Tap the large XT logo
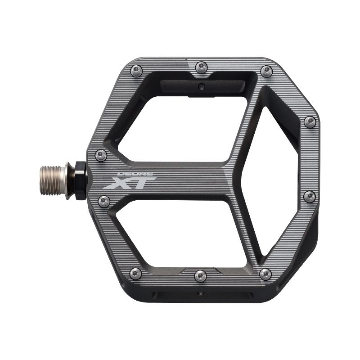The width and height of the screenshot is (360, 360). click(130, 183)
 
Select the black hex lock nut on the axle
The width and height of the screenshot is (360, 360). click(81, 180)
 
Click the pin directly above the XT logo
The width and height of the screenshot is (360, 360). click(101, 155)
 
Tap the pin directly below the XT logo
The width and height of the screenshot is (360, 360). click(104, 202)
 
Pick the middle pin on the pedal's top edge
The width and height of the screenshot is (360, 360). click(201, 67)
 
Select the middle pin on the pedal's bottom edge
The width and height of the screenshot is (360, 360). click(200, 276)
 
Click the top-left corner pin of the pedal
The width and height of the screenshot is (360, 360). click(136, 71)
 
